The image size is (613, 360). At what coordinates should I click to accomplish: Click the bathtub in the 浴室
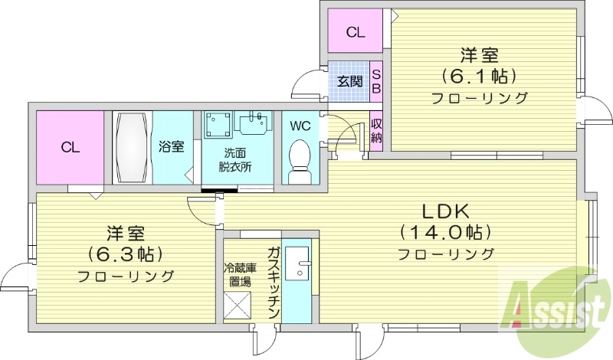tap(133, 147)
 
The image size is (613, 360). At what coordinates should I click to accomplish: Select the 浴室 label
tap(171, 146)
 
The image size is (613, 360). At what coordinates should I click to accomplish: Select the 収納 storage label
tap(376, 131)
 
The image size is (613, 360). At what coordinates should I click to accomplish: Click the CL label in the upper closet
tap(355, 32)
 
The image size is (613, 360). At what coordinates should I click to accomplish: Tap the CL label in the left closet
tap(70, 147)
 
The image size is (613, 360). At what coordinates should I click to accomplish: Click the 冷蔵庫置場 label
tap(237, 274)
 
